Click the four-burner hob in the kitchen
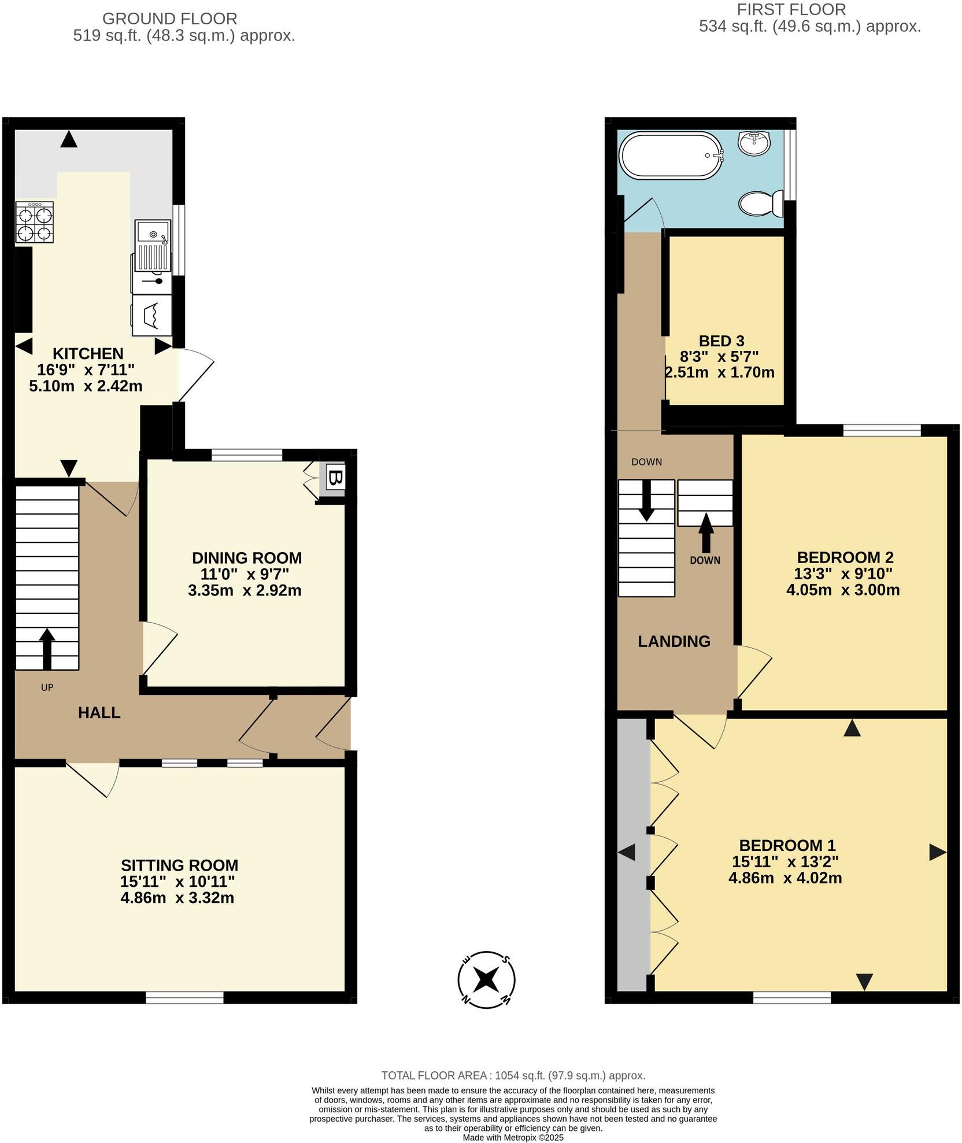pos(35,223)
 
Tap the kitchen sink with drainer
pos(153,245)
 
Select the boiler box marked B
pos(336,478)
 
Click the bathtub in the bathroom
pos(671,155)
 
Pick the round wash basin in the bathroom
pos(754,143)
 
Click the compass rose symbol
pos(486,979)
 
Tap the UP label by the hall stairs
pos(47,687)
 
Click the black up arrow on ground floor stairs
pos(47,648)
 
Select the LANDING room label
pos(674,641)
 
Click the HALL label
pos(99,713)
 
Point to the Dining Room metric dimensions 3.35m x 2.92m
pos(245,590)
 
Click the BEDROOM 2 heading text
pos(845,557)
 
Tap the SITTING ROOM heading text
pos(179,865)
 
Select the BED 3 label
pos(721,341)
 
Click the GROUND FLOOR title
pos(169,19)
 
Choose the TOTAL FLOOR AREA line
pos(513,1075)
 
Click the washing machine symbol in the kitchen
pos(152,315)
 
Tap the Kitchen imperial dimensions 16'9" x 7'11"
pos(86,369)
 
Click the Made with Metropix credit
pos(513,1137)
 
